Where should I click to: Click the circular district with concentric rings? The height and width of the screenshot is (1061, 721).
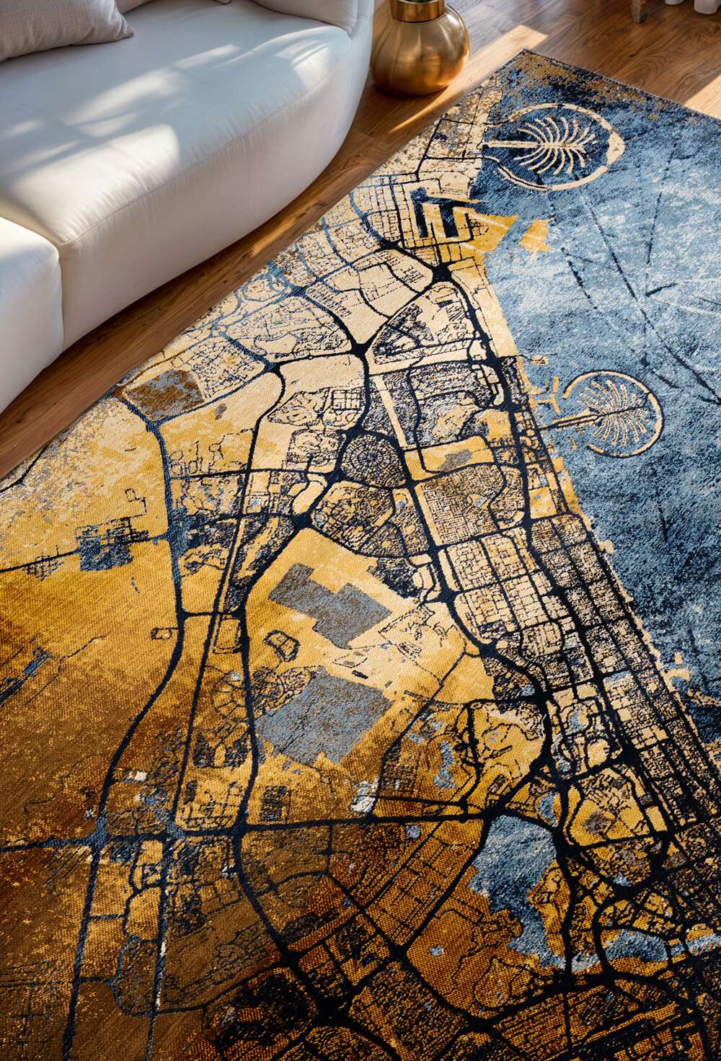tap(372, 459)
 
